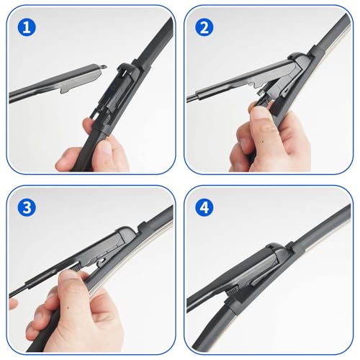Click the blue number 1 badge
27,27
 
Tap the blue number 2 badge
204,27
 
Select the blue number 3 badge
27,207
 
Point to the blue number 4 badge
204,207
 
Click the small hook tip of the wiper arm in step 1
104,67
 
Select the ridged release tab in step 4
232,291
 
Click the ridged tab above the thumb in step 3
76,266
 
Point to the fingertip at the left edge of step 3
13,305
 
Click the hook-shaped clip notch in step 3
102,261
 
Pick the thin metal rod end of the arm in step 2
192,99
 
